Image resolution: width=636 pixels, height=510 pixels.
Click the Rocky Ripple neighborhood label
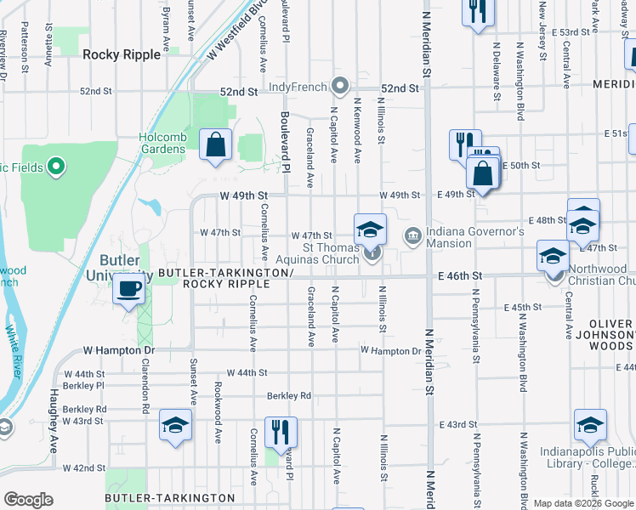pos(122,54)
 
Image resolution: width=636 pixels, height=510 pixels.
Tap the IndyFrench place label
pos(298,87)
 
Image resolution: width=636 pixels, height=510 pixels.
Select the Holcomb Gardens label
pos(162,143)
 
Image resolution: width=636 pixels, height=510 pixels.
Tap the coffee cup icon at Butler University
pos(128,290)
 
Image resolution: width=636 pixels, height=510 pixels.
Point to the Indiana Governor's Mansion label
pos(451,237)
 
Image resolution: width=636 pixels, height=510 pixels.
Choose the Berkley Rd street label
pos(289,395)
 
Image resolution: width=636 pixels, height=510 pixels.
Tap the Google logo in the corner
pos(28,500)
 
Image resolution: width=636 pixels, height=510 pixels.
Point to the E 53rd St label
pos(570,31)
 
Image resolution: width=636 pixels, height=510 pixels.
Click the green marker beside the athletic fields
pos(56,167)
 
